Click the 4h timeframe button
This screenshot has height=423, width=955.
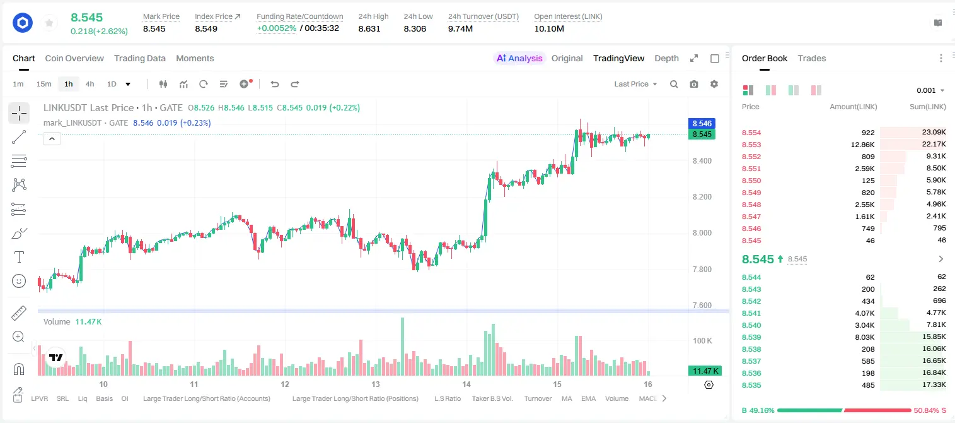[x=90, y=84]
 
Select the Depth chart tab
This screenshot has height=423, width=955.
[x=666, y=58]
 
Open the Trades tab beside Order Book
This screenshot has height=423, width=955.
[x=812, y=58]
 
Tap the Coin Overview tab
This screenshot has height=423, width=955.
[x=74, y=58]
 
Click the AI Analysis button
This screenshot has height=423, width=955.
[x=519, y=58]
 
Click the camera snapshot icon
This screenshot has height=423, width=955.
[x=694, y=84]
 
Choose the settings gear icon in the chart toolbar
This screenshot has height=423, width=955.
[x=714, y=84]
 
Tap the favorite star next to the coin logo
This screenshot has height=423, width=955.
[x=49, y=23]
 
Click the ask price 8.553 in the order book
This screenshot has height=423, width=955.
[x=751, y=145]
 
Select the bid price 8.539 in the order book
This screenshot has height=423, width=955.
[x=751, y=337]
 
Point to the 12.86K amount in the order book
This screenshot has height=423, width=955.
[x=862, y=145]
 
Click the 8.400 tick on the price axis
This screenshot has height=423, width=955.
[x=702, y=161]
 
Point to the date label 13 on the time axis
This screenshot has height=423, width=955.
[x=376, y=384]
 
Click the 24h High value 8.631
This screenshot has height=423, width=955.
[x=369, y=28]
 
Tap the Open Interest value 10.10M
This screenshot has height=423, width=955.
[x=549, y=28]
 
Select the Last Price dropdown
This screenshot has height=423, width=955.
[x=635, y=84]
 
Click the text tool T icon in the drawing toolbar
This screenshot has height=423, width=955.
[x=19, y=257]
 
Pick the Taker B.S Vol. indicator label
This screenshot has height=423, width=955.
[x=492, y=398]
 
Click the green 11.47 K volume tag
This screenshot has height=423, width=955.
[x=705, y=371]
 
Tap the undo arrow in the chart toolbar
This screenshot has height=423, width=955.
[x=275, y=84]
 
